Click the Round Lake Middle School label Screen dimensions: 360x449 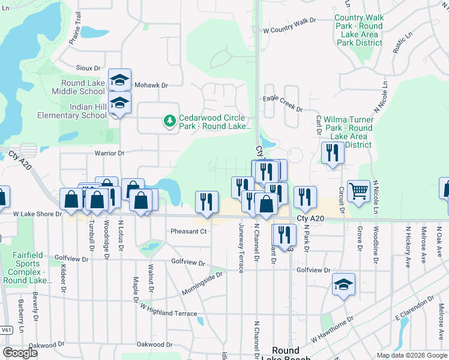click(83, 87)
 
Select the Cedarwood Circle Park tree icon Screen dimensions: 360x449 click(170, 122)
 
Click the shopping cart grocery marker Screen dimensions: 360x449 click(358, 191)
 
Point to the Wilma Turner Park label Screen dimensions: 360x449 click(348, 132)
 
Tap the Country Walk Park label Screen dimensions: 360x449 click(358, 31)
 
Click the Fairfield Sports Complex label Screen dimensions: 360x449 click(29, 268)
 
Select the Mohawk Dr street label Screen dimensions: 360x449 click(150, 85)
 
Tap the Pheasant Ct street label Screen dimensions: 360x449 click(188, 231)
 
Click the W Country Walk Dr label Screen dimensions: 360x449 click(289, 24)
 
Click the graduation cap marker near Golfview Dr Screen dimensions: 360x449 click(343, 284)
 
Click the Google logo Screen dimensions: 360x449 click(20, 353)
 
